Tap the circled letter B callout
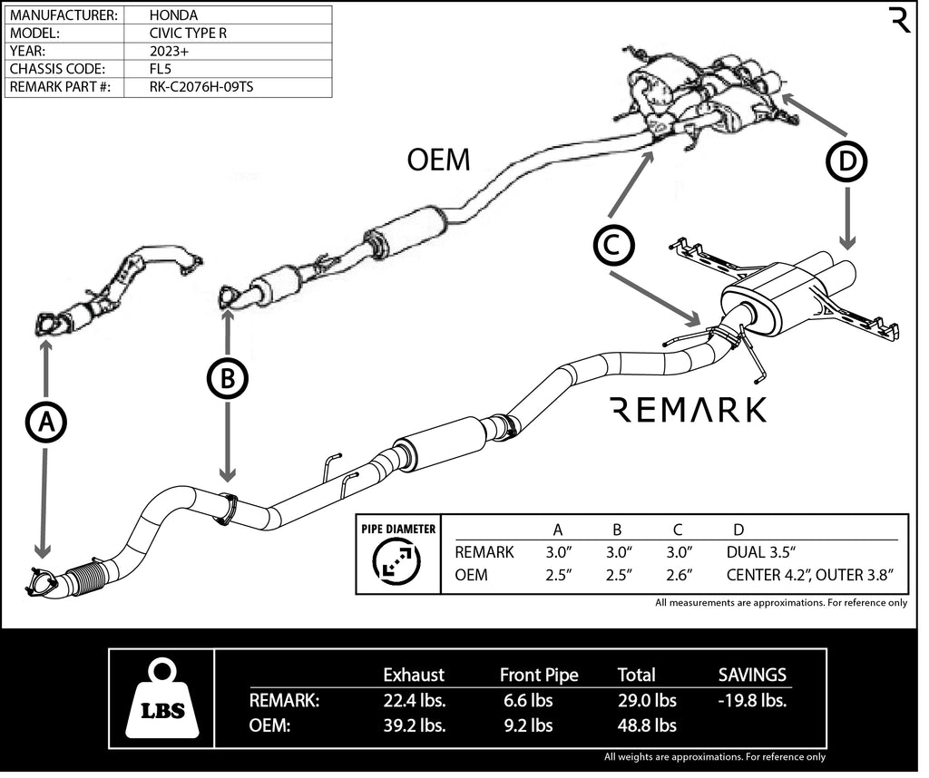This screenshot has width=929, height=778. click(228, 378)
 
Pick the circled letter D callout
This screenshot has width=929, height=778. click(846, 162)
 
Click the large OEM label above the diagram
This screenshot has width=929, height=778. click(439, 160)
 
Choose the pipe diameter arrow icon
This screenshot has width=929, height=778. click(396, 563)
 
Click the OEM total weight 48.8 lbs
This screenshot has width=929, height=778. click(647, 725)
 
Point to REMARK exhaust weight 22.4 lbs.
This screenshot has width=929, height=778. click(413, 701)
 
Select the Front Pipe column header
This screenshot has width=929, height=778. click(539, 675)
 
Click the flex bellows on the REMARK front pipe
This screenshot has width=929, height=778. click(87, 578)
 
